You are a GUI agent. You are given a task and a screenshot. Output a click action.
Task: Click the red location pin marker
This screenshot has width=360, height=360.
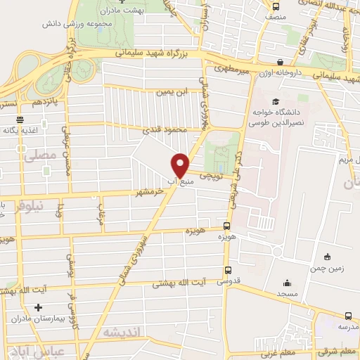(x=181, y=165)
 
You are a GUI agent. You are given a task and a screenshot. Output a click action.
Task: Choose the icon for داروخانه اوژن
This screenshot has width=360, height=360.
(x=281, y=62)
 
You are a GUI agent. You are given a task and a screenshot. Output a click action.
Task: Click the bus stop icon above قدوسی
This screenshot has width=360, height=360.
(x=227, y=269)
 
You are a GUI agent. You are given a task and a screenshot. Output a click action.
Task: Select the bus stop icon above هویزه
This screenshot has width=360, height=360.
(x=226, y=226)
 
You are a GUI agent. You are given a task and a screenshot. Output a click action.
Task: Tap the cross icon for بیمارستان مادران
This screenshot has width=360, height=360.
(x=39, y=307)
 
